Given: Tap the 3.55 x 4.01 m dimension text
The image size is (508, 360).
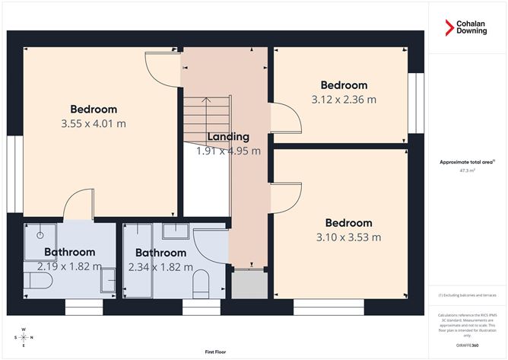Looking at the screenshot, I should (x=94, y=123).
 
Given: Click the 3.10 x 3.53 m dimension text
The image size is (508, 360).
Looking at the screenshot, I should (x=348, y=237).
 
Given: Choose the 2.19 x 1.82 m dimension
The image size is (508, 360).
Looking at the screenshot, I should (x=69, y=266).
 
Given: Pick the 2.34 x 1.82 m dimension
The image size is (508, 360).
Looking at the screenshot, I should (x=160, y=267).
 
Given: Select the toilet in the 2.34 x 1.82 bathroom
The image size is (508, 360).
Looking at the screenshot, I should (x=201, y=285).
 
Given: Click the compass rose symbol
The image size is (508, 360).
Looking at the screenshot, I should (x=24, y=337).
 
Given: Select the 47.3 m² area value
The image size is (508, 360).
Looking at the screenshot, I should (x=468, y=171).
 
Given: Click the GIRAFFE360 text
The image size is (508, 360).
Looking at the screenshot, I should (x=468, y=345).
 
